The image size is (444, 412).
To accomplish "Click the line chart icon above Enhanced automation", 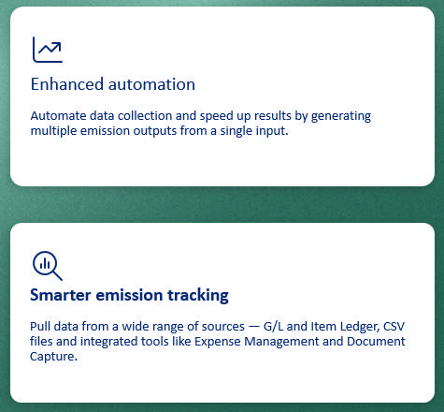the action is click(48, 50).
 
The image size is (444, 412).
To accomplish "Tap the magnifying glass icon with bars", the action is click(48, 266).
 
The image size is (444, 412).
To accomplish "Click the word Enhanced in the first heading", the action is click(67, 84).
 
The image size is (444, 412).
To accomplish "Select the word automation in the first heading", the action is click(151, 84).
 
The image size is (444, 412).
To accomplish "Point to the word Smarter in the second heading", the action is click(60, 295).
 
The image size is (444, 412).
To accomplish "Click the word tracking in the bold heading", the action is click(198, 295).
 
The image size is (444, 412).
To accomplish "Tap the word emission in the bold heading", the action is click(129, 295).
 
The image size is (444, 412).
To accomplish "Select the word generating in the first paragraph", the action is click(341, 116).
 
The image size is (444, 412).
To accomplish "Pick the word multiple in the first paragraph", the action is click(53, 131).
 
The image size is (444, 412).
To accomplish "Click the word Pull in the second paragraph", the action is click(40, 327).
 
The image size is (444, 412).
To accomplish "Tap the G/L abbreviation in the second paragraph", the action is click(273, 327).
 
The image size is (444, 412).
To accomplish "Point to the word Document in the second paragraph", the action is click(376, 342).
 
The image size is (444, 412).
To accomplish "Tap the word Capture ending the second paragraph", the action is click(53, 357).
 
